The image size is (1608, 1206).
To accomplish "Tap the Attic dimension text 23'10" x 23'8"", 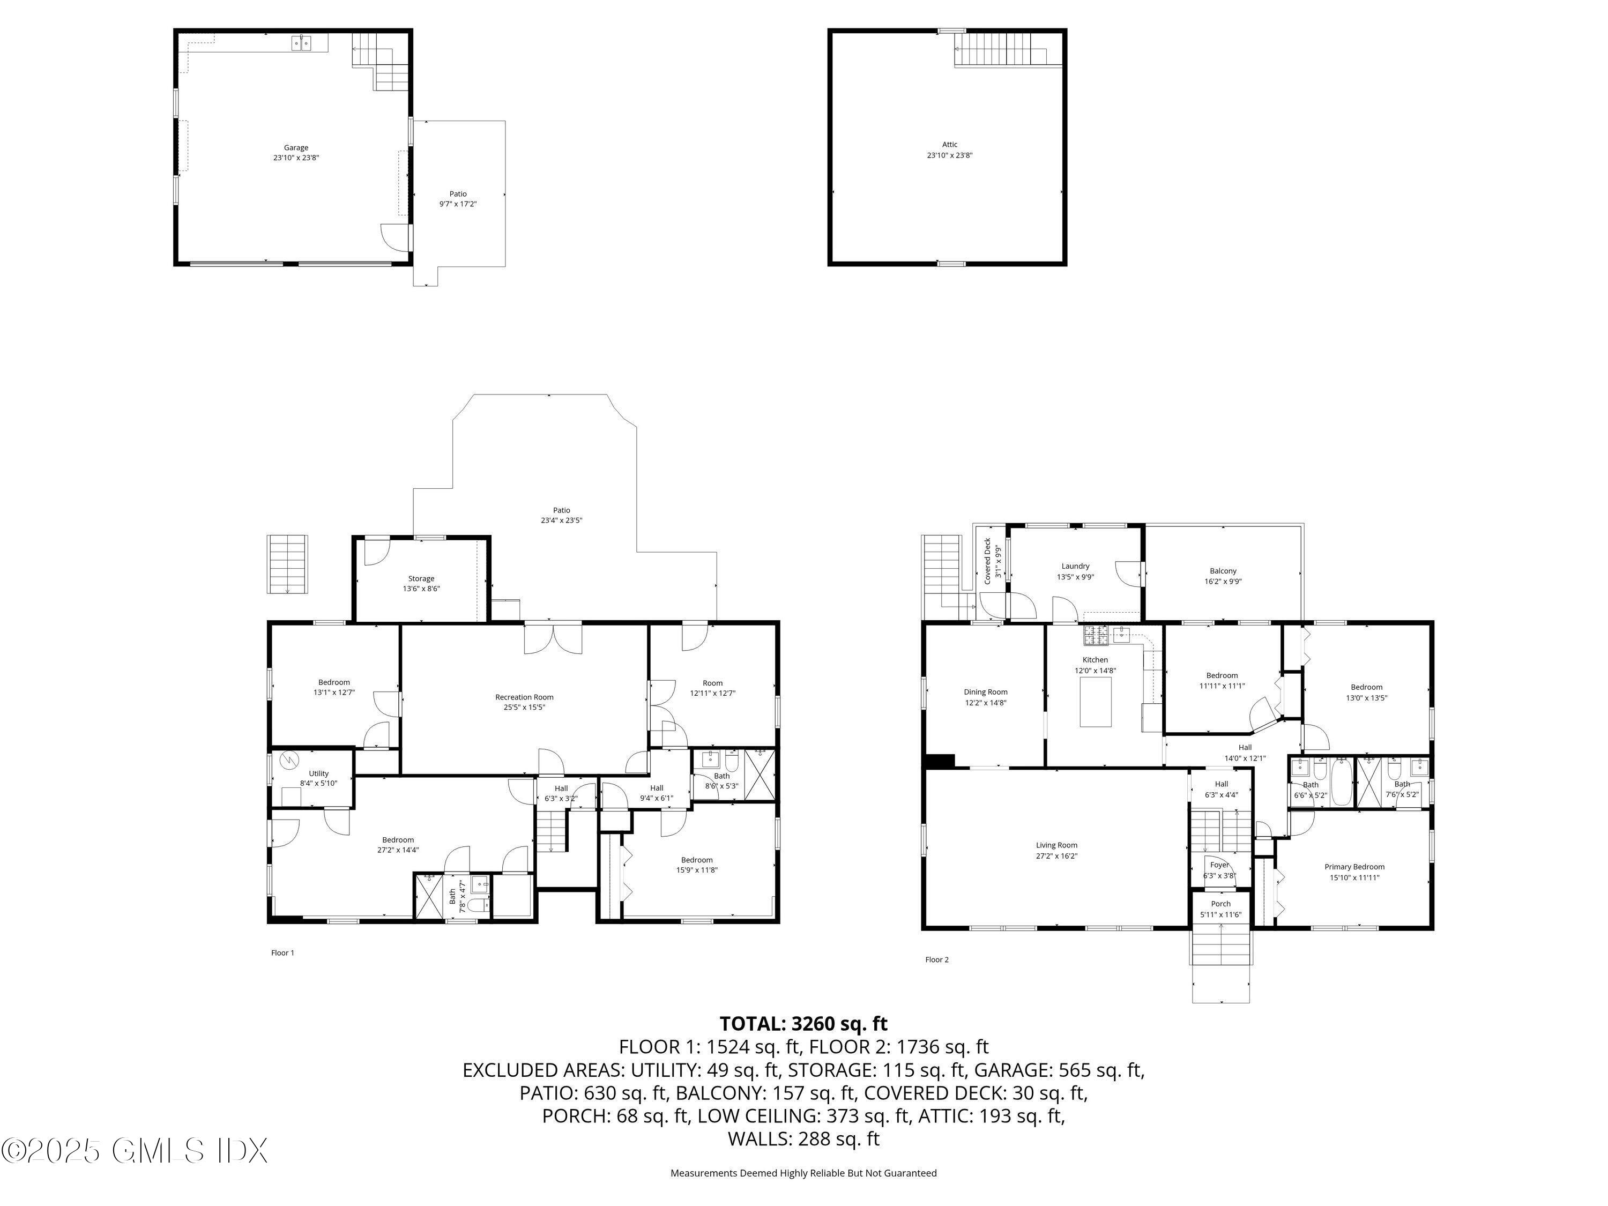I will (x=949, y=155).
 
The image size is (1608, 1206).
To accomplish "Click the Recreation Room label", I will (x=524, y=697).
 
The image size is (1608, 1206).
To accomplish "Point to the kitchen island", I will (x=1096, y=702).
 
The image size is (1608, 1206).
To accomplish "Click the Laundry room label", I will (x=1075, y=567).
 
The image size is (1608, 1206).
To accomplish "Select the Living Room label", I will (x=1056, y=845).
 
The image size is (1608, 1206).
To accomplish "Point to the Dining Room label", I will (x=986, y=692).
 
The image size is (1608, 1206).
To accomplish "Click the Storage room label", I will (x=421, y=579).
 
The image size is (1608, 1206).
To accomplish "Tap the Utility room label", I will (x=318, y=773).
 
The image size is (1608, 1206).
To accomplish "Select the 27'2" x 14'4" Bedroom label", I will (x=398, y=850).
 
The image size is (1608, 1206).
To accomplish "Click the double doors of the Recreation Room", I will (x=553, y=639).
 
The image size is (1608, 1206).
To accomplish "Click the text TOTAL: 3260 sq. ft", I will (x=803, y=1024).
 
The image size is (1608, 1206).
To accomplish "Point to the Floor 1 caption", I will (x=283, y=953).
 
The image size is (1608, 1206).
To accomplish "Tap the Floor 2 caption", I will (x=937, y=959).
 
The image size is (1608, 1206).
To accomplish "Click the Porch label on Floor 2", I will (x=1221, y=904).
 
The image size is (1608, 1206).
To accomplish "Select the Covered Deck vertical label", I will (x=988, y=561).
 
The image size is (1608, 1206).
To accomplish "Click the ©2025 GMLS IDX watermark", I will (x=135, y=1151).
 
